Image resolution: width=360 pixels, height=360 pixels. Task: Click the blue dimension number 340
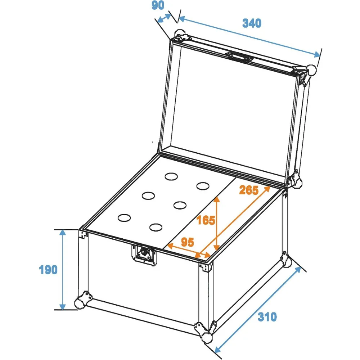[x=252, y=23]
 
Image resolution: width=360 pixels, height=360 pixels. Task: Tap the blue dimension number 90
[x=158, y=5]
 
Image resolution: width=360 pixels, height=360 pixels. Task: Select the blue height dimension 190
[x=48, y=270]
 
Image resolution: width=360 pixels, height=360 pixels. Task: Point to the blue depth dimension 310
[x=267, y=317]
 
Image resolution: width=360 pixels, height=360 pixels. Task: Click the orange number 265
[x=249, y=190]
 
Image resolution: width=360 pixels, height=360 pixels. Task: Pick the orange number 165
[x=206, y=220]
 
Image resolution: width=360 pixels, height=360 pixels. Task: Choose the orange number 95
[x=187, y=242]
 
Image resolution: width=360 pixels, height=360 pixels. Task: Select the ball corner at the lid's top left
[x=180, y=35]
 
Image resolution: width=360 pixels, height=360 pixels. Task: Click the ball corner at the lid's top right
[x=311, y=70]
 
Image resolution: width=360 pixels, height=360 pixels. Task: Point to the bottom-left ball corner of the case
[x=81, y=302]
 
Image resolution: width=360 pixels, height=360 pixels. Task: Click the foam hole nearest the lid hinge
[x=171, y=176]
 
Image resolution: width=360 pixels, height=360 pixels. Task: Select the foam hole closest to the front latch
[x=156, y=227]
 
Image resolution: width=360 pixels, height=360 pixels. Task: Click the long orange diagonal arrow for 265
[x=233, y=222]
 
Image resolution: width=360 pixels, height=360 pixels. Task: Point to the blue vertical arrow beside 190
[x=62, y=270]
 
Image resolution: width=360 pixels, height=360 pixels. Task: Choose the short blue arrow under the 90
[x=164, y=18]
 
